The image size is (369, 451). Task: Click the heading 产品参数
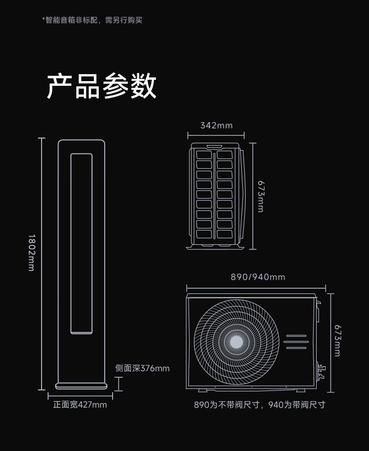click(x=101, y=86)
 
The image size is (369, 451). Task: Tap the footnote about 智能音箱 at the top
click(x=92, y=20)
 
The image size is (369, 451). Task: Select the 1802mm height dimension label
click(x=32, y=253)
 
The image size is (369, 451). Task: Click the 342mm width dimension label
click(x=216, y=125)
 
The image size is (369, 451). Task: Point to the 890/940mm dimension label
click(x=258, y=277)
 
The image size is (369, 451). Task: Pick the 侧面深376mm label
click(x=142, y=368)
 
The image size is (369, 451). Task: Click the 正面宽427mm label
click(x=80, y=405)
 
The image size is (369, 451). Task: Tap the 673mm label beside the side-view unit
click(x=261, y=196)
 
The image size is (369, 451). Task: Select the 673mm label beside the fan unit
click(x=338, y=341)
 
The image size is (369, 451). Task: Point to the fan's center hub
click(x=236, y=342)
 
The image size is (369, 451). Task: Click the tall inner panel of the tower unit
click(x=82, y=243)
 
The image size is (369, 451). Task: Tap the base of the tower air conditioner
click(x=81, y=386)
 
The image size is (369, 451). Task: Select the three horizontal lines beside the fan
click(x=296, y=342)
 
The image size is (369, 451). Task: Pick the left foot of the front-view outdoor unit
click(x=203, y=390)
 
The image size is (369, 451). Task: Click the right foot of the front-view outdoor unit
click(x=300, y=390)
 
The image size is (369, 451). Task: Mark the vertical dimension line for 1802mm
click(x=42, y=264)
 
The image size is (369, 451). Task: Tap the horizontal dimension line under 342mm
click(x=216, y=135)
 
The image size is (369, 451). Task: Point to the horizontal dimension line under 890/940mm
click(x=256, y=288)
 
